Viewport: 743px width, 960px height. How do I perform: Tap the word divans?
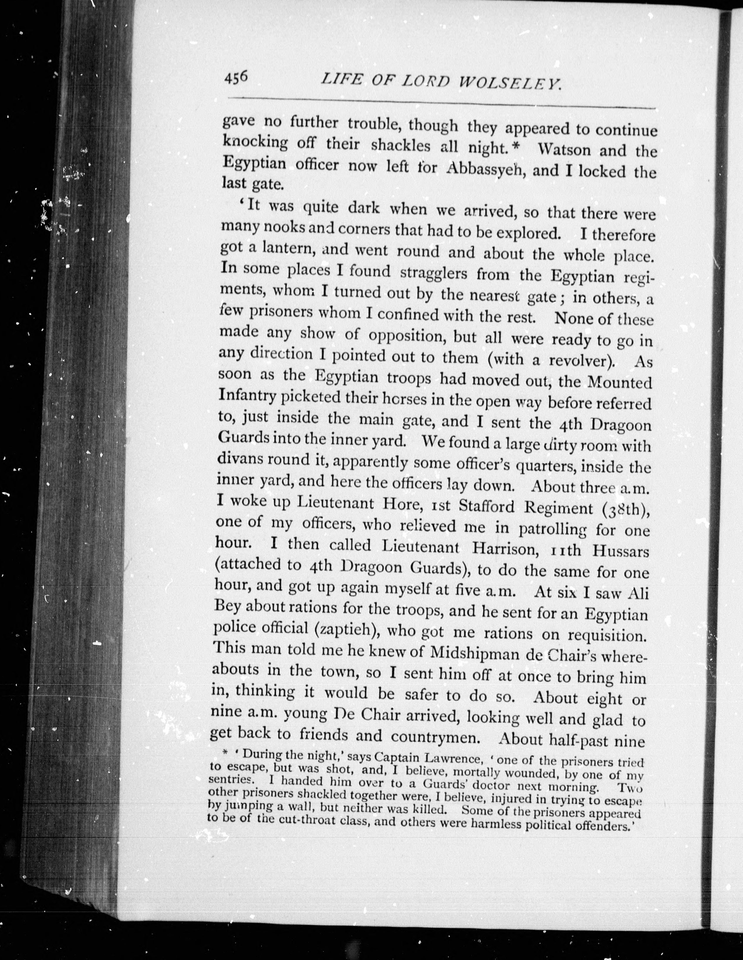[239, 459]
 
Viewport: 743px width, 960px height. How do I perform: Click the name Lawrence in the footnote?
[449, 758]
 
